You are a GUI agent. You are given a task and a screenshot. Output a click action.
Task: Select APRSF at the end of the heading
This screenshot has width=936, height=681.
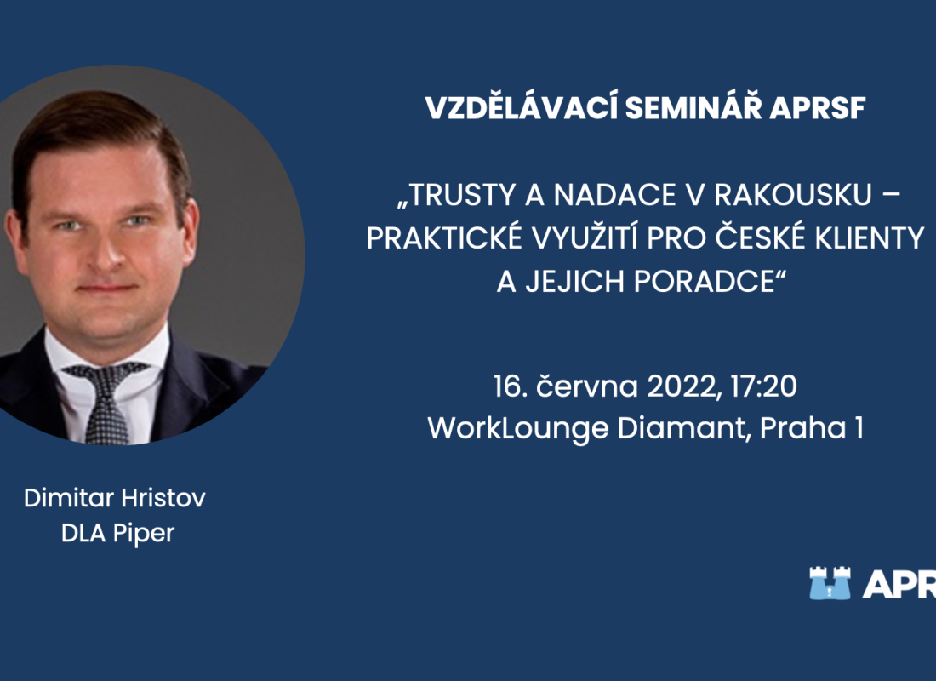817,109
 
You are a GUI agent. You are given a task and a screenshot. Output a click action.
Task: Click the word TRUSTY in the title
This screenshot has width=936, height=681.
457,195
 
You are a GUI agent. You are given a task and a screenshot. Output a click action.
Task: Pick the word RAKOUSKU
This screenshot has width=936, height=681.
793,195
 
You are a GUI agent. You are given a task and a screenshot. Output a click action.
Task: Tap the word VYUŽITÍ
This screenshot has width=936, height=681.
585,237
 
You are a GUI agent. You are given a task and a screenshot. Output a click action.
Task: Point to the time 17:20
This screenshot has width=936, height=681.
763,386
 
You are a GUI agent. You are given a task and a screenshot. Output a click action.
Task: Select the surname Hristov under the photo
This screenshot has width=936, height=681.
163,498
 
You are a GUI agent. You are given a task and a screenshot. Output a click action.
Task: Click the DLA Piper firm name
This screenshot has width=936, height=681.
117,534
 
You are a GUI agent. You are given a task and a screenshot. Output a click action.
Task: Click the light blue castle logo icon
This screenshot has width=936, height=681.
830,583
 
